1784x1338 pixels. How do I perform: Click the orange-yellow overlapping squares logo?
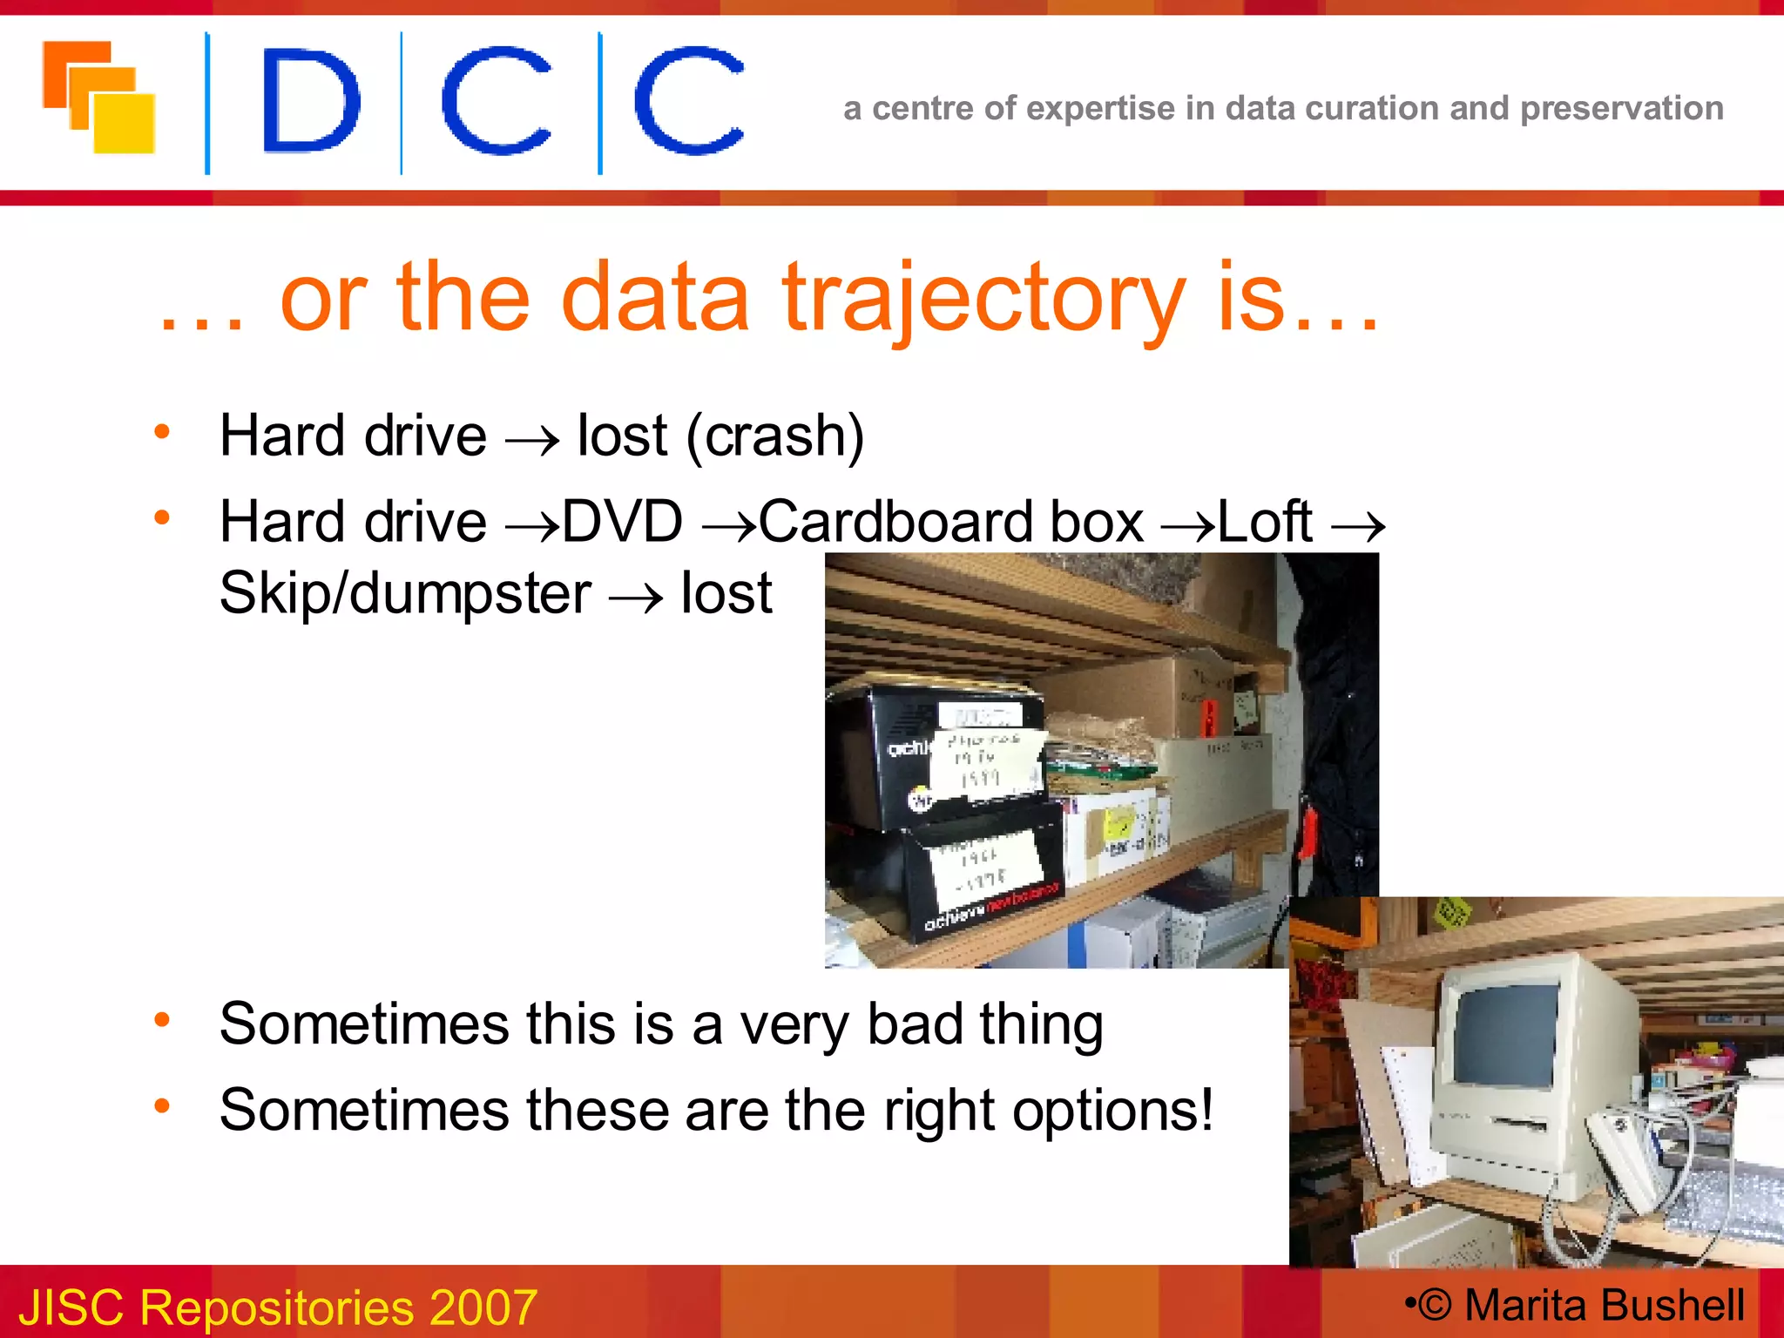tap(98, 97)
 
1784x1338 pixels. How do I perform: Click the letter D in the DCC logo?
tap(309, 100)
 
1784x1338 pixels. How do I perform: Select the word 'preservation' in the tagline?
tap(1621, 108)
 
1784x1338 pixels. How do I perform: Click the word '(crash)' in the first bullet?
tap(775, 436)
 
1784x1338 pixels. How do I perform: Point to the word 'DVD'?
tap(622, 522)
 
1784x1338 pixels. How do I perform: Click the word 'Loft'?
tap(1264, 522)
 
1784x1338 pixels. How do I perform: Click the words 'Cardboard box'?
tap(950, 522)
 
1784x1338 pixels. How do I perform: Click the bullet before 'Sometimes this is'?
tap(162, 1019)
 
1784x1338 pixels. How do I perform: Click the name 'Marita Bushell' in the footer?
tap(1604, 1305)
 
